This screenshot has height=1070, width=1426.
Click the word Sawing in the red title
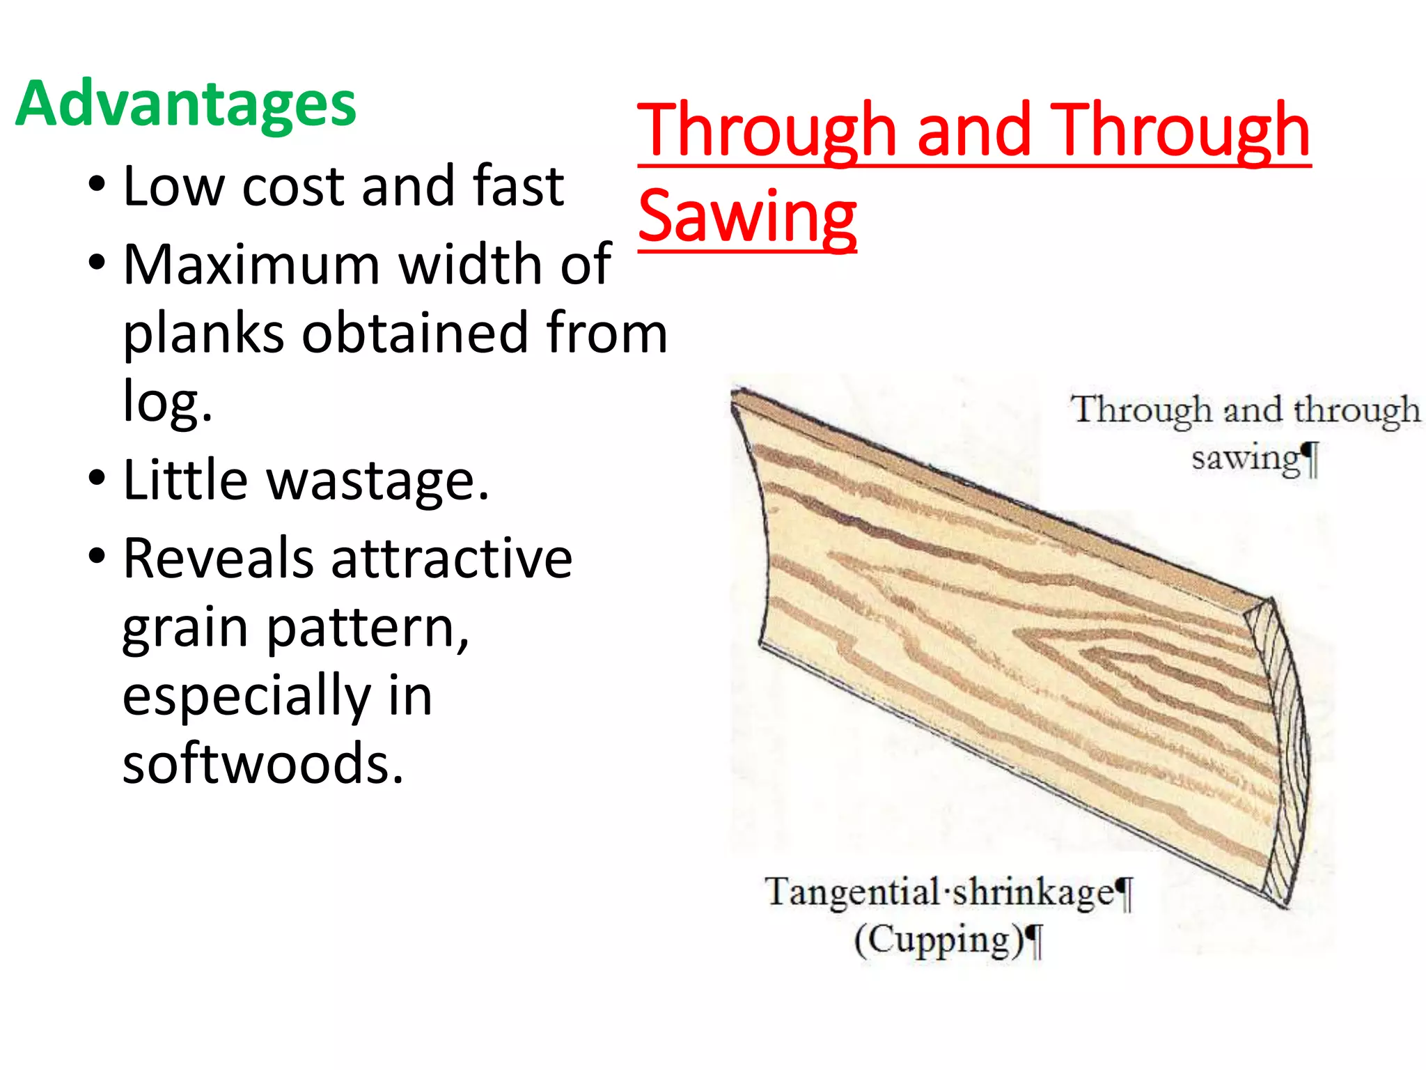click(746, 216)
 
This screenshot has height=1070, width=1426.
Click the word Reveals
click(218, 559)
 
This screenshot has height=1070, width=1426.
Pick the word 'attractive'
click(451, 559)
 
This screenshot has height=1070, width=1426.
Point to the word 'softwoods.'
click(263, 763)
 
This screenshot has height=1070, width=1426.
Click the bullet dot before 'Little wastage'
click(97, 479)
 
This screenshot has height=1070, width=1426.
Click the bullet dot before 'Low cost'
click(97, 185)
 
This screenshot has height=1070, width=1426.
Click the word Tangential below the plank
click(852, 892)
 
